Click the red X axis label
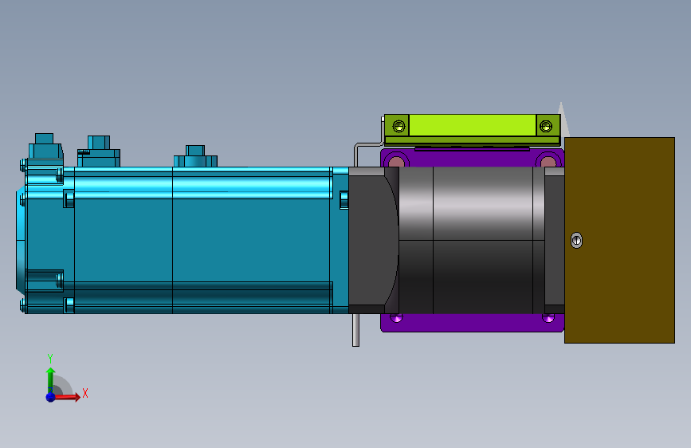tap(84, 393)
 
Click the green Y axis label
tap(49, 359)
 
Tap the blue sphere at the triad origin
tap(50, 396)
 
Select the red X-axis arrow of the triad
tap(69, 396)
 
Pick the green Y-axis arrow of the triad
tap(50, 376)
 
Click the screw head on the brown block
tap(577, 240)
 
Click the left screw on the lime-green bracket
tap(399, 125)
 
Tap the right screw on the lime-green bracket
tap(545, 125)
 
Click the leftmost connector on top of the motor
tap(45, 148)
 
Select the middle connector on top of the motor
tap(99, 151)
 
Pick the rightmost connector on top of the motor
tap(196, 155)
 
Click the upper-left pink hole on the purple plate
tap(395, 162)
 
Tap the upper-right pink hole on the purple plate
tap(548, 162)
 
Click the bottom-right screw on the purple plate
tap(548, 318)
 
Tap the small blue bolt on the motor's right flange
tap(344, 199)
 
